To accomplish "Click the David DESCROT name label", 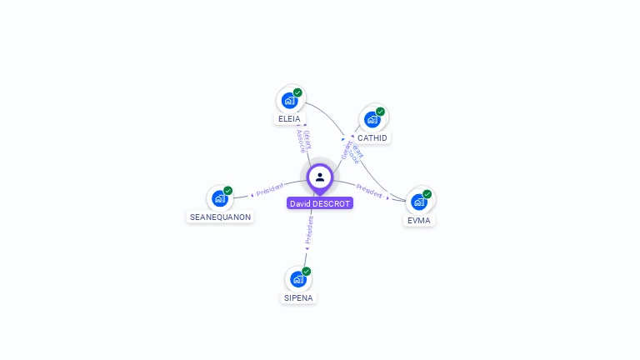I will click(320, 203).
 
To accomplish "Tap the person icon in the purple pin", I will click(320, 177).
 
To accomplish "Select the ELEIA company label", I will click(289, 119).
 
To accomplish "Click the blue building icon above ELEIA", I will click(289, 101).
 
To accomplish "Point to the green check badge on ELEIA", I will click(297, 92).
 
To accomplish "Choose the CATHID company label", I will click(372, 137).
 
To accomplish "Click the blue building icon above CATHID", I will click(372, 119).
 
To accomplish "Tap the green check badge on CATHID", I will click(380, 112).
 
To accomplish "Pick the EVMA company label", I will click(419, 221).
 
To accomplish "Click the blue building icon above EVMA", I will click(418, 202).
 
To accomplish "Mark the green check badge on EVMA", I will click(427, 194).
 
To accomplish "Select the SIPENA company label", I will click(298, 297).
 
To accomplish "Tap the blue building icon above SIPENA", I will click(297, 279).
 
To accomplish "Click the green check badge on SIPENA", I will click(307, 272).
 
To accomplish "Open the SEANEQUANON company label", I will click(220, 217).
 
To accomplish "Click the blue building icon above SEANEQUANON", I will click(219, 198).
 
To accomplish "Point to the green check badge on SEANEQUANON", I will click(228, 191).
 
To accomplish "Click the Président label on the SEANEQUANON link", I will click(270, 191).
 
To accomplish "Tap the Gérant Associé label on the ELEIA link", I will click(303, 140).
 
